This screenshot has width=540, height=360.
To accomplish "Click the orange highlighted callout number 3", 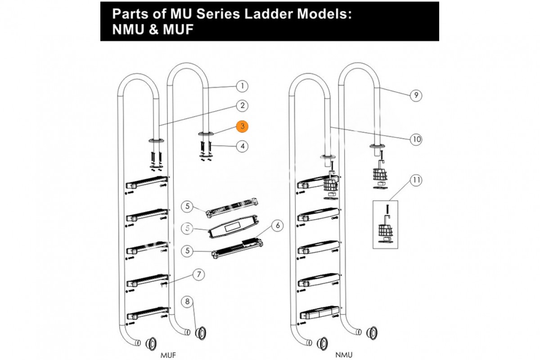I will [x=243, y=126].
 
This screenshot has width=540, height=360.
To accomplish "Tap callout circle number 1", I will [x=242, y=85].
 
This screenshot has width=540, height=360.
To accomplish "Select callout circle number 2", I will [x=242, y=106].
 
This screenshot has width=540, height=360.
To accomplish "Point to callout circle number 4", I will [x=242, y=146].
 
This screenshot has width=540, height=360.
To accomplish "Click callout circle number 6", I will [x=278, y=225].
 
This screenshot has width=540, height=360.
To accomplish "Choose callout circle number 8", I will [x=187, y=301].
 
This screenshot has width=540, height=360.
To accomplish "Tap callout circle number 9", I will [x=416, y=95].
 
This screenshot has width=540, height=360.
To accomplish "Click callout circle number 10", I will [x=416, y=139].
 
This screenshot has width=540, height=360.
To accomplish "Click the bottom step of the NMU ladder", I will [x=319, y=312].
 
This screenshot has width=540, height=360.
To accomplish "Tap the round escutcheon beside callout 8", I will [x=201, y=333].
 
